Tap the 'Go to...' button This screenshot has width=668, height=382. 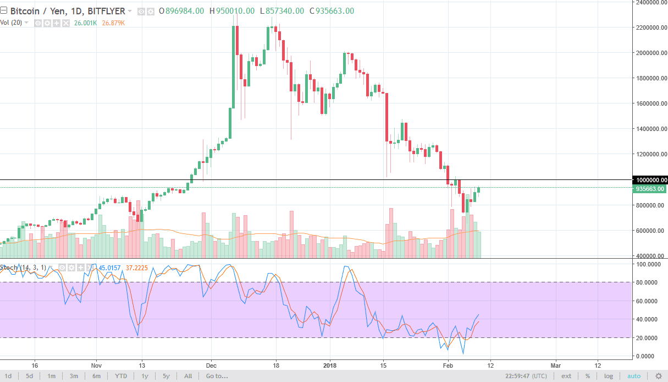pos(216,376)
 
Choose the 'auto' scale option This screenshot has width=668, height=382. pos(634,376)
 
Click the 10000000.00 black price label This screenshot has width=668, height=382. pos(651,180)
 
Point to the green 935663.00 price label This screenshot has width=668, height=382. pos(650,189)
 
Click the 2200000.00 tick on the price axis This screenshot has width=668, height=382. pos(650,28)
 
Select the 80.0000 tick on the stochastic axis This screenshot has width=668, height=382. pos(648,282)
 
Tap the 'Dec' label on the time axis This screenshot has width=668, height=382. pos(211,364)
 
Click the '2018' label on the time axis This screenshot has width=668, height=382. pos(330,364)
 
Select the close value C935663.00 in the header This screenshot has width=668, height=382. pos(332,11)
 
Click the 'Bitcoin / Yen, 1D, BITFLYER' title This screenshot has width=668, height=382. pos(66,11)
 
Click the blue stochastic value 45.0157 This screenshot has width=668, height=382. pos(109,268)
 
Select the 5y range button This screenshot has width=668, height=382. pos(165,376)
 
